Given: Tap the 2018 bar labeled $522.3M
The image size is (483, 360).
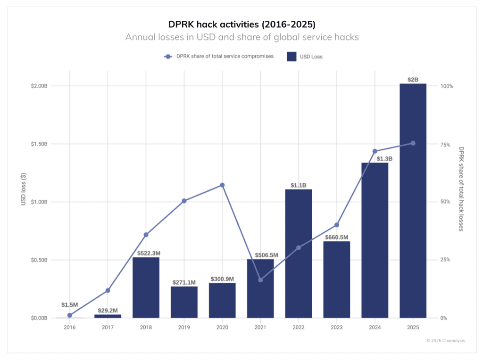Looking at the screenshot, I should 146,287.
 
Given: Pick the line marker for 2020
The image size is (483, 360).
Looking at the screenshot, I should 222,185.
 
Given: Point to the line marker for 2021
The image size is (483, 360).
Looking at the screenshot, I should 260,280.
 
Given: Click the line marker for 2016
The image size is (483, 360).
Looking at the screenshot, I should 70,315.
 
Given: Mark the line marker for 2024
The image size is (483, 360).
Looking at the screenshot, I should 375,151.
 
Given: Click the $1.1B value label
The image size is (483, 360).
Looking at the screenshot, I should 298,185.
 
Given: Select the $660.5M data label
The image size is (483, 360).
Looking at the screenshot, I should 336,237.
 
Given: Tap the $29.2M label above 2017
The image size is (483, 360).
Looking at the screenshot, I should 108,310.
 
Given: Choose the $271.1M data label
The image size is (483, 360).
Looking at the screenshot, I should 184,282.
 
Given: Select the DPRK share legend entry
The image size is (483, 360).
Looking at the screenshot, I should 219,57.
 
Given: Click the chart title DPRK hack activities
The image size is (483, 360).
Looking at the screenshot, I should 241,24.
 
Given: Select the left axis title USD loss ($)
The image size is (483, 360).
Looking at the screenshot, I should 23,188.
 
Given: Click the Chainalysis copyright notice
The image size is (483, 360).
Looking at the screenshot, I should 445,340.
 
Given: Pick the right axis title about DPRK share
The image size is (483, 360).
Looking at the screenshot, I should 461,188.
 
